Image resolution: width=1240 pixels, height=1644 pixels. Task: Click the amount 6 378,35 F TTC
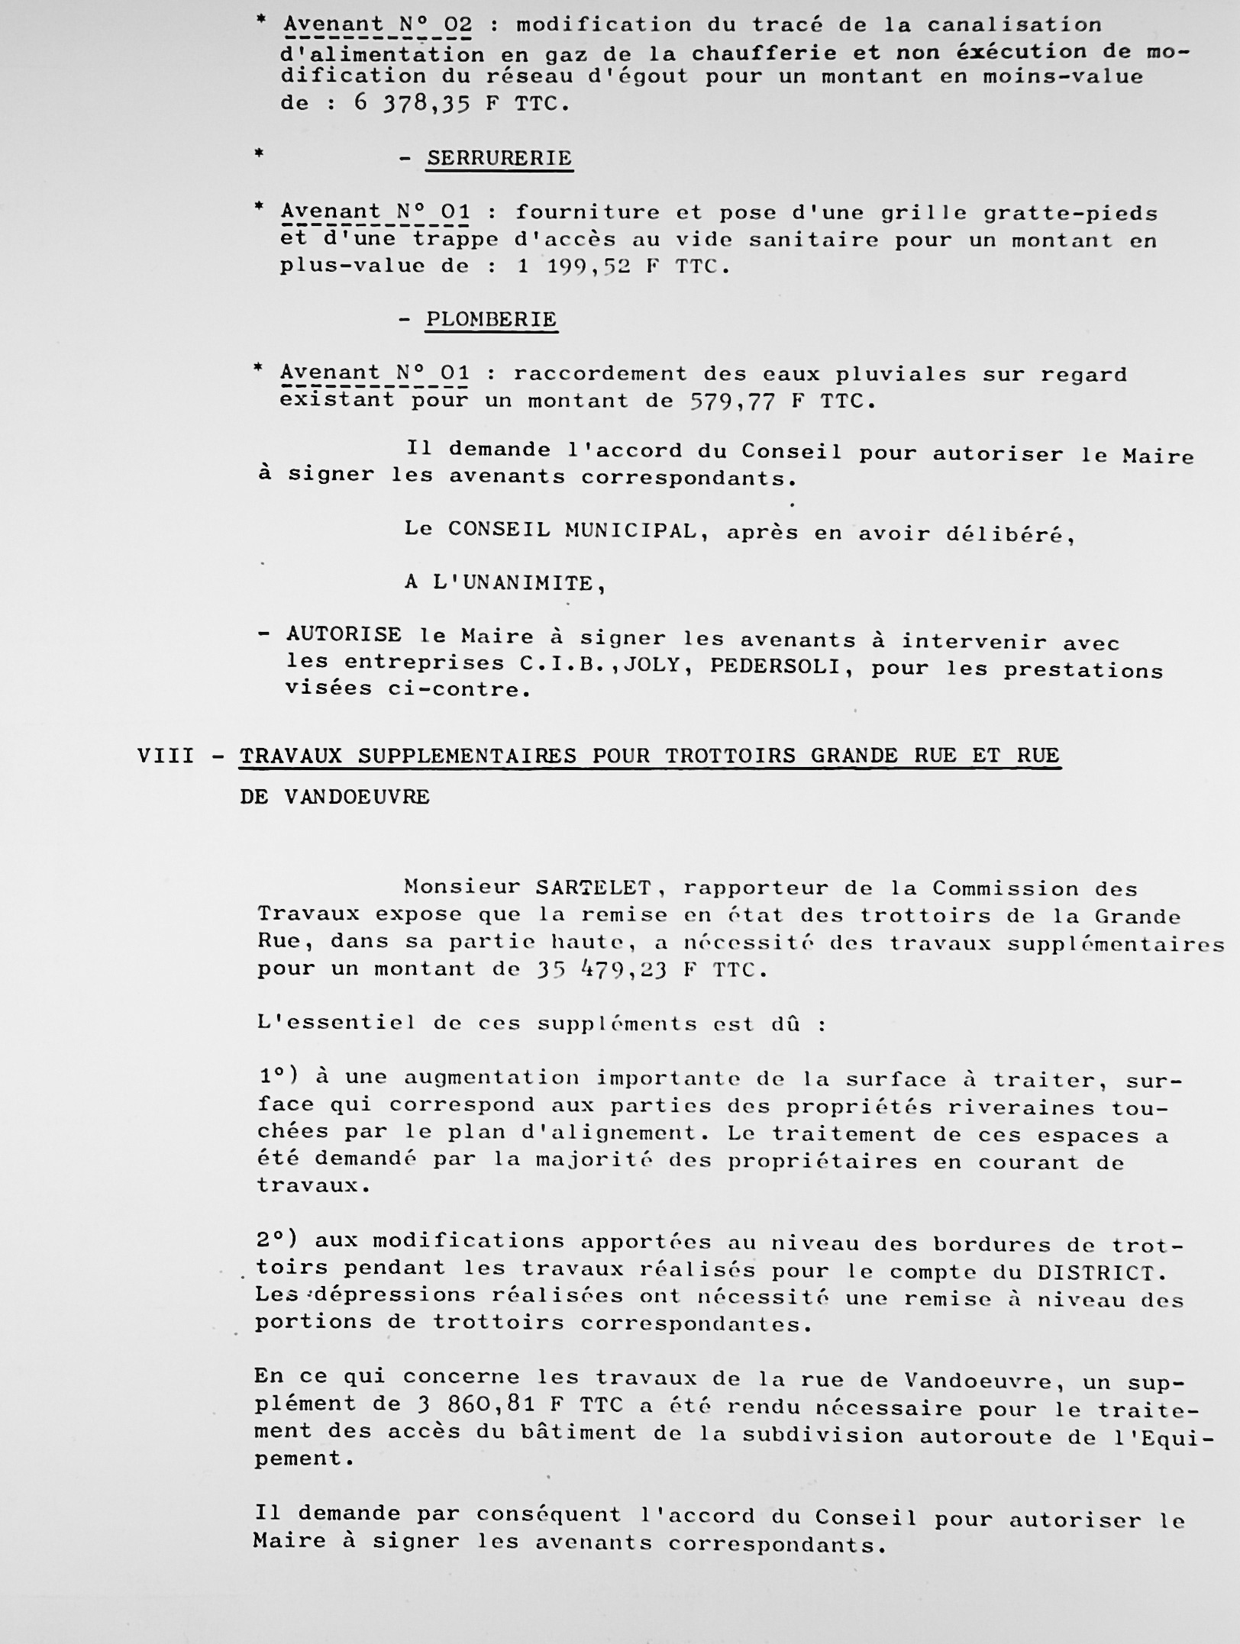[462, 103]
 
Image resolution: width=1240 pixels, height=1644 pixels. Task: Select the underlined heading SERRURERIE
[499, 159]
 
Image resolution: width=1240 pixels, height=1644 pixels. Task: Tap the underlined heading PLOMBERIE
[492, 319]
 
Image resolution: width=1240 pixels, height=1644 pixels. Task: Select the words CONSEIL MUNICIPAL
[573, 530]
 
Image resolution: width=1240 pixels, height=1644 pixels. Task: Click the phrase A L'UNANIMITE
[505, 584]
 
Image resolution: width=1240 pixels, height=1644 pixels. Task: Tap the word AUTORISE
[344, 635]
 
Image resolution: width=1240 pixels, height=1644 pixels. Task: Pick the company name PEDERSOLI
[778, 666]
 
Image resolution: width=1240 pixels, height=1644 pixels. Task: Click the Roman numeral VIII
[166, 756]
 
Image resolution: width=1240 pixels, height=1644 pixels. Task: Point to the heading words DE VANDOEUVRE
[334, 797]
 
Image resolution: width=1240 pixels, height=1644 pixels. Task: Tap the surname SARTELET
[593, 888]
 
